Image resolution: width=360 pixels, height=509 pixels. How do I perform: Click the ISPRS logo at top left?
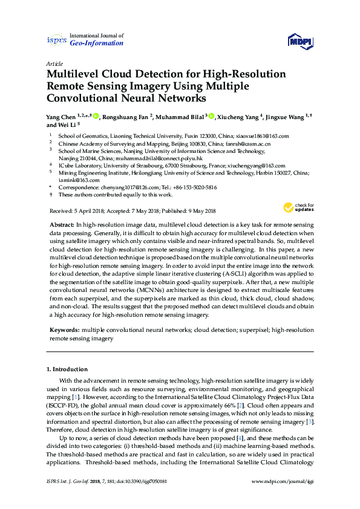[56, 40]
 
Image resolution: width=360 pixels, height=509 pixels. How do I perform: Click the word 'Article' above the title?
[54, 63]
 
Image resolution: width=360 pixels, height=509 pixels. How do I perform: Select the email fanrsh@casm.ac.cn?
[244, 144]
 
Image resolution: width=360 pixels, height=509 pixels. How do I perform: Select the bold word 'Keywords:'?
[64, 331]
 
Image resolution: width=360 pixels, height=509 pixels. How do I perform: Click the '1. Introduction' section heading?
[67, 369]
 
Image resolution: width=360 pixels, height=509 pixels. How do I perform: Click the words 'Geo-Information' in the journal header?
[97, 44]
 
